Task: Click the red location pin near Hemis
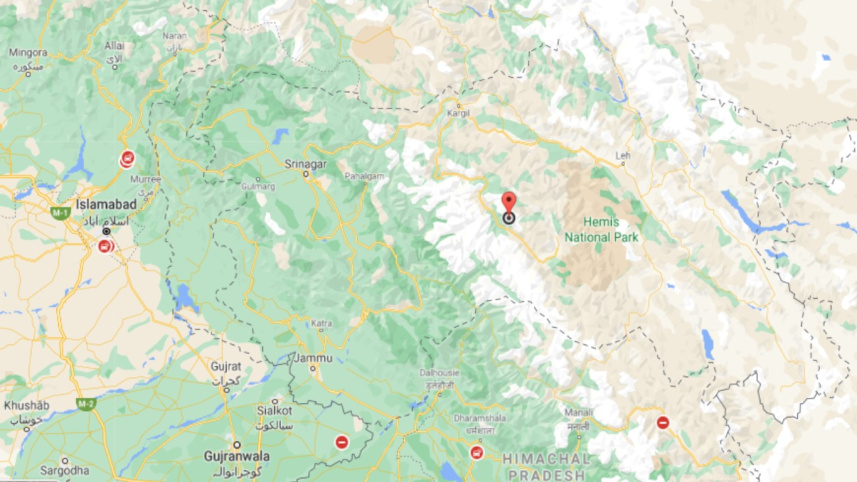[508, 201]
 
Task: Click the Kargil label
[458, 115]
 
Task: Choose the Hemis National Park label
[601, 230]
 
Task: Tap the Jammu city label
[314, 357]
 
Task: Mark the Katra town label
[321, 323]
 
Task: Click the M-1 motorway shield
[60, 213]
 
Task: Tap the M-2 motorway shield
[87, 404]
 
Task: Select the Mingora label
[28, 52]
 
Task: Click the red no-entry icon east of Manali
[662, 422]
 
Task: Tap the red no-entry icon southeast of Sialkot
[342, 442]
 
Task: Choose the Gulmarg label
[257, 186]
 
